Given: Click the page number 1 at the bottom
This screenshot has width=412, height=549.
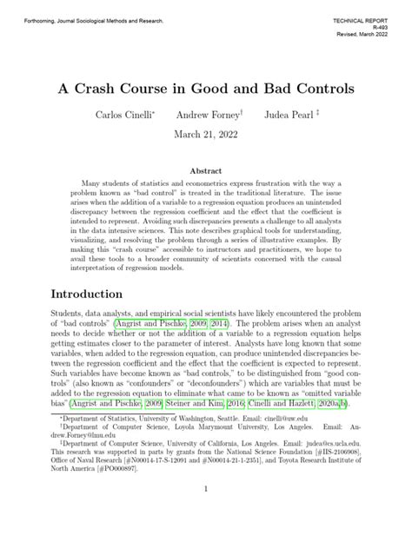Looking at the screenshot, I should pyautogui.click(x=206, y=514).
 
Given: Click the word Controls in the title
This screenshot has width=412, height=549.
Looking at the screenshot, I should pyautogui.click(x=309, y=89).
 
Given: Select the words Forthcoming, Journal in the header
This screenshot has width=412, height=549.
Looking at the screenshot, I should pyautogui.click(x=46, y=18).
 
